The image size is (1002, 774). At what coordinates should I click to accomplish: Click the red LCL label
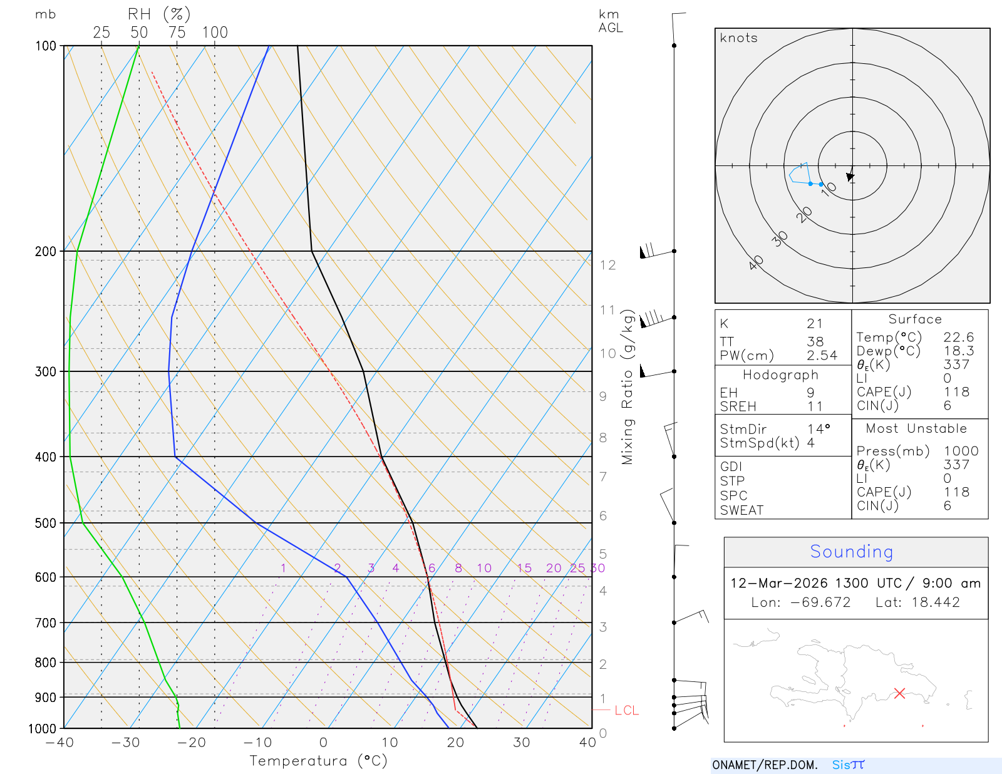pos(626,710)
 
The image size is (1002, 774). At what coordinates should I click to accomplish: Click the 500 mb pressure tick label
pos(45,523)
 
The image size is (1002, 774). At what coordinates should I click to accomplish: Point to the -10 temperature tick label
pos(257,743)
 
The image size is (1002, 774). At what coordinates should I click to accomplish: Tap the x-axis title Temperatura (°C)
pos(318,761)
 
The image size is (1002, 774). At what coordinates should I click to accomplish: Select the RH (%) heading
pos(158,14)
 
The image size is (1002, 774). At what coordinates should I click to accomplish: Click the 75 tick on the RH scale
pos(177,33)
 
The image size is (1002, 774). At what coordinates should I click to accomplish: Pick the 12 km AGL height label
pos(607,265)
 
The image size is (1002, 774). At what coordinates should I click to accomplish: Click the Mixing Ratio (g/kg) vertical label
pos(628,387)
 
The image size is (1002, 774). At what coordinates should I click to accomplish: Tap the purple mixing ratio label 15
pos(524,568)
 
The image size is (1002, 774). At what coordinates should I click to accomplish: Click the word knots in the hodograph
pos(738,38)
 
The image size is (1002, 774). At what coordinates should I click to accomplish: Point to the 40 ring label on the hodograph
pos(756,262)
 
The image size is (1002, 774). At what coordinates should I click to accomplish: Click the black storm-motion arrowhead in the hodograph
pos(850,177)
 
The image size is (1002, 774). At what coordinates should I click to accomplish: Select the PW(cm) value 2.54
pos(822,355)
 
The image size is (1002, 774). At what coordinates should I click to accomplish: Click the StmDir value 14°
pos(818,429)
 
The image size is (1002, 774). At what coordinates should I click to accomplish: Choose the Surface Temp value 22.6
pos(958,338)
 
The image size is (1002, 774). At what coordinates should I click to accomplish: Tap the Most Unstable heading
pos(916,428)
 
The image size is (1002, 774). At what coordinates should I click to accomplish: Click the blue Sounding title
pos(851,552)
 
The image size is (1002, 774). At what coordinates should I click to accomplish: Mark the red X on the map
pos(899,693)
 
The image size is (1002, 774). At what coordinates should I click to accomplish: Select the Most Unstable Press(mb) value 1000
pos(961,451)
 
